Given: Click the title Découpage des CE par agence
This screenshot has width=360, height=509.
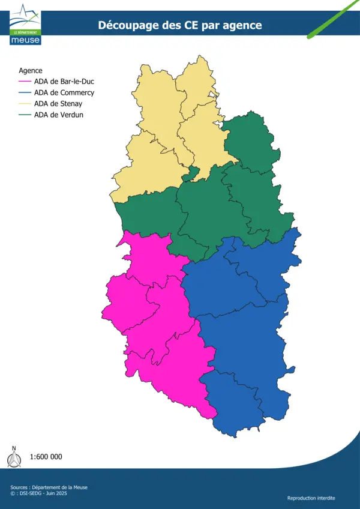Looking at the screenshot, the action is click(180, 25).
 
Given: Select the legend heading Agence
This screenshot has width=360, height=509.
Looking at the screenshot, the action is click(31, 70).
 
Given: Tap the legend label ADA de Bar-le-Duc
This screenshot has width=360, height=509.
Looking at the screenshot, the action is click(64, 82).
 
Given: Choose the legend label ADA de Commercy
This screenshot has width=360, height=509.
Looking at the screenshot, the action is click(64, 92).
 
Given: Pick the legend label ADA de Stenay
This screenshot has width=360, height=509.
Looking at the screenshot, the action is click(59, 103).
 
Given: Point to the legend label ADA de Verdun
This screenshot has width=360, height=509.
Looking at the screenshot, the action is click(59, 114).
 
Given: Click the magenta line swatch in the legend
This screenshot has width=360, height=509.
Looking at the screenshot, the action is click(25, 82).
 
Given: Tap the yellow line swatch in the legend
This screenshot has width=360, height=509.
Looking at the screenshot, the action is click(25, 103).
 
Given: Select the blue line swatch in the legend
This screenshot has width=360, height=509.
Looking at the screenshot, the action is click(25, 92).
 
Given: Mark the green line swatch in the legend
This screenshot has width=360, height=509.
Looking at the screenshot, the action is click(25, 114).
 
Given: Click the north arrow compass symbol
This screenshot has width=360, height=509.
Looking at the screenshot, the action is click(14, 457).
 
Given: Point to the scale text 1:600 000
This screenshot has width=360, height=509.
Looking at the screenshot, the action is click(46, 457).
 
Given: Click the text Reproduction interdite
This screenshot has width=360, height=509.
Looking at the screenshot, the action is click(311, 498).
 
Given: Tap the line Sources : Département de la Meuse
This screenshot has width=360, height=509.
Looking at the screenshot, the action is click(49, 487).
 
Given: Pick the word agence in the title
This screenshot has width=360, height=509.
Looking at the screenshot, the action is click(244, 26).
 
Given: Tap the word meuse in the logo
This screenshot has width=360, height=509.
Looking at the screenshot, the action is click(25, 40).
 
